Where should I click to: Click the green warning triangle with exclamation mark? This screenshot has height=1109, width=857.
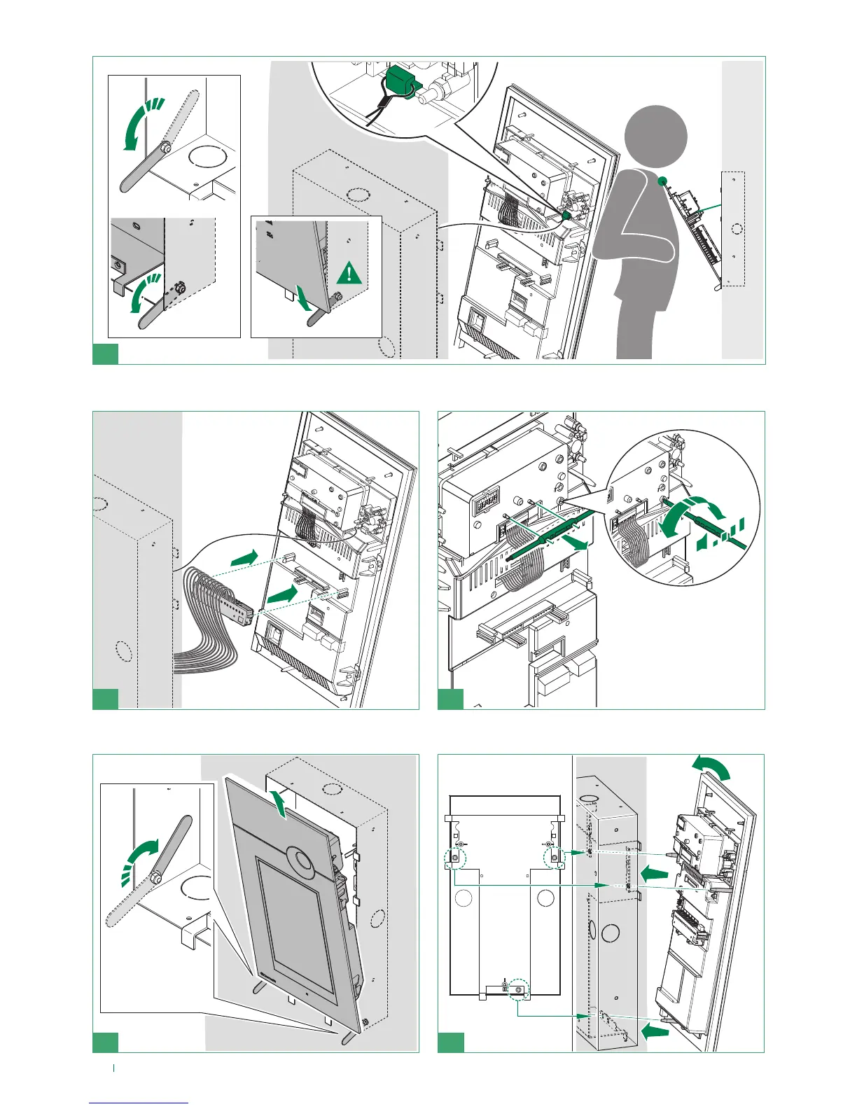[349, 272]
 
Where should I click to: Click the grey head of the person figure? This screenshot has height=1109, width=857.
[655, 137]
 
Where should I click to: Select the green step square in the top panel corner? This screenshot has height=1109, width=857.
[106, 354]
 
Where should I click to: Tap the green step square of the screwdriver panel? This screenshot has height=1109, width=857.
[450, 699]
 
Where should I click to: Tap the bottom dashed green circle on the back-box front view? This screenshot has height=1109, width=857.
[519, 989]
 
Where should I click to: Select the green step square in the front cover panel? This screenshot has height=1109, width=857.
[106, 1042]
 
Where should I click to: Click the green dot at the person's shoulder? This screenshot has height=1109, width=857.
[662, 181]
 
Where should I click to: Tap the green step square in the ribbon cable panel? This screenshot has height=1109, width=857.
[106, 699]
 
